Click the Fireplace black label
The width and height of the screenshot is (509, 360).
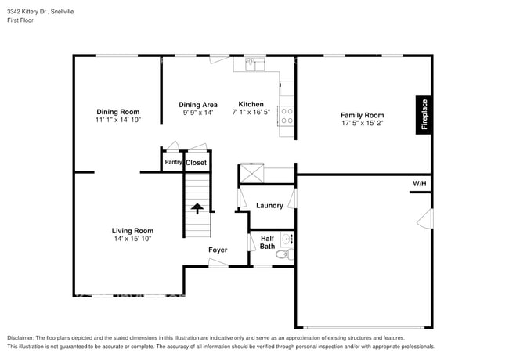424,115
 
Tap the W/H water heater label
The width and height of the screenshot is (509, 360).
420,185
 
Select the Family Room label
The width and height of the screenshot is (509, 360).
362,115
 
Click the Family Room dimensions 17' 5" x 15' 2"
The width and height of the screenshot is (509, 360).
362,124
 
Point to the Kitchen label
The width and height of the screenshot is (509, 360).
251,104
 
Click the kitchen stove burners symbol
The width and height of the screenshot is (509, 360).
287,117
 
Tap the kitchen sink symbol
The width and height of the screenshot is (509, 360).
252,63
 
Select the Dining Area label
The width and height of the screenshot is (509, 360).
197,104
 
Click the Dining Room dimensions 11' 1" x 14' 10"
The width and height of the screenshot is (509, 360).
117,121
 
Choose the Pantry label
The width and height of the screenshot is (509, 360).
172,163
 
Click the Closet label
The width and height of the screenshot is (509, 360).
196,163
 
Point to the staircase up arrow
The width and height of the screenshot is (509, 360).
197,208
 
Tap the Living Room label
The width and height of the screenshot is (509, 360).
132,230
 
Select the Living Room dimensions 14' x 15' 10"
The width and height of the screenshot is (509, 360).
132,239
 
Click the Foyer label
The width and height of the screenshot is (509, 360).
218,250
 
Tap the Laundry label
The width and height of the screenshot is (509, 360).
269,206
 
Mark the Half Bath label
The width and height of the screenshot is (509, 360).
267,243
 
